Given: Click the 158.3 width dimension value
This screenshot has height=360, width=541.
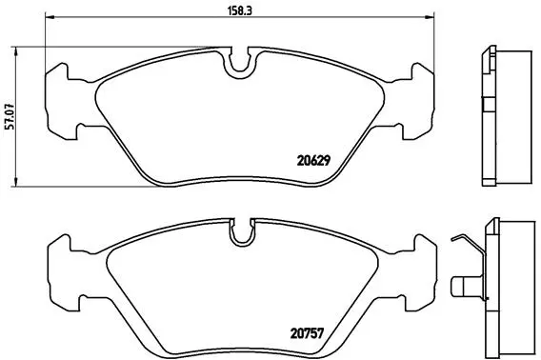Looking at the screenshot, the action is tap(239, 10).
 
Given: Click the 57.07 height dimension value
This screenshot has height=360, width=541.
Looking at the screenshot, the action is tap(10, 116).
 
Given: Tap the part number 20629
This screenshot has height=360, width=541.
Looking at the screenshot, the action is tap(313, 161).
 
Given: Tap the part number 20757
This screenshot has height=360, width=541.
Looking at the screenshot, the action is tap(307, 333).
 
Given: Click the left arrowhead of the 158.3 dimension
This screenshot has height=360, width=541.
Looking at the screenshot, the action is tap(50, 16).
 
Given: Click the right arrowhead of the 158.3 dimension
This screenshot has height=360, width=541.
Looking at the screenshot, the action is tap(429, 16).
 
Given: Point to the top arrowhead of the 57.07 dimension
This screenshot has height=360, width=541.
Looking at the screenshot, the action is tap(15, 52).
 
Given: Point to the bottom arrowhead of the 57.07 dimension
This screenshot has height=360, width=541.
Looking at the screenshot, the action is tap(15, 182).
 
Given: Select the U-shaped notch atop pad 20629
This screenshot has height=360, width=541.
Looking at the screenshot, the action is tap(240, 64).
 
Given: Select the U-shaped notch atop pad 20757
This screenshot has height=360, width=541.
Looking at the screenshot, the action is tap(242, 233).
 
